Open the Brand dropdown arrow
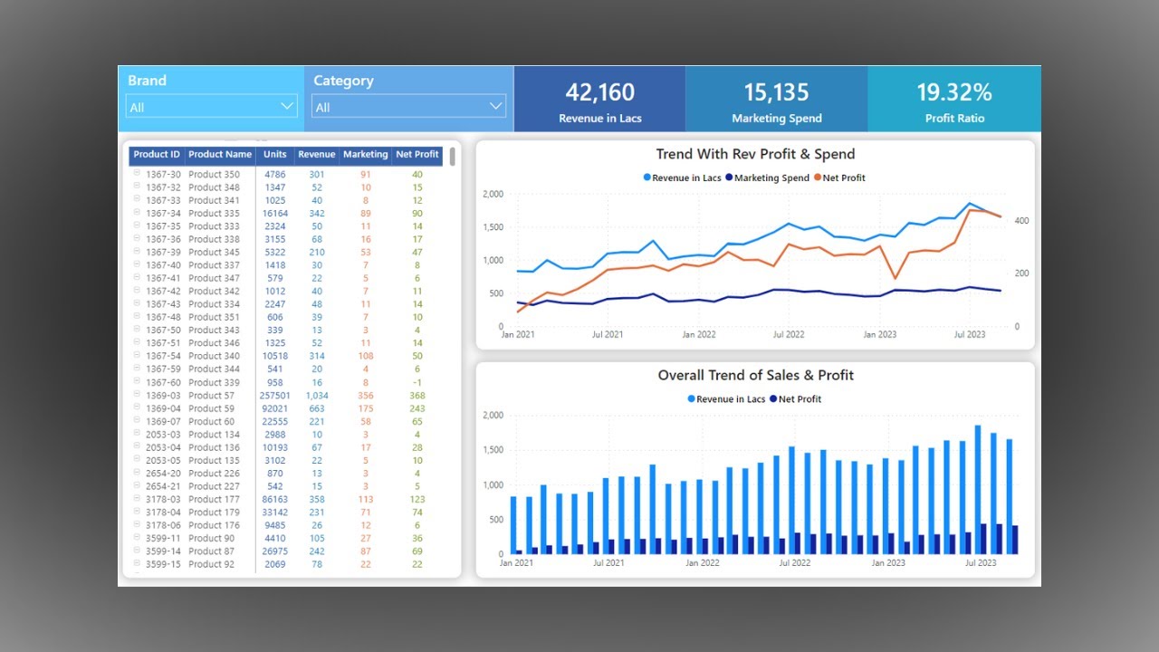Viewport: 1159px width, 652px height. tap(287, 106)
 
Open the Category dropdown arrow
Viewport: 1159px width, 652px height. tap(495, 106)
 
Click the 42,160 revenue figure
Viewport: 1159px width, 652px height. tap(599, 92)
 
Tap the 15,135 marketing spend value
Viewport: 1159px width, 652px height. tap(777, 92)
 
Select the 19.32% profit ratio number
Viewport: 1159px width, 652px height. tap(954, 92)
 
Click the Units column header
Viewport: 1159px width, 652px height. tap(274, 155)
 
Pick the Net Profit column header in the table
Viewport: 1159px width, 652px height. tap(417, 155)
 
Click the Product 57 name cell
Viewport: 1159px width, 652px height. tap(211, 396)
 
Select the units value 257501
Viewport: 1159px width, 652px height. tap(274, 396)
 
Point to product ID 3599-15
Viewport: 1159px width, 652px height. tap(163, 564)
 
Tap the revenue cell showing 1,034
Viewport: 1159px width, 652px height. tap(317, 396)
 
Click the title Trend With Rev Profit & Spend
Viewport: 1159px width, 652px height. tap(755, 154)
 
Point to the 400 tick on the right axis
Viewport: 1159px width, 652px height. tap(1021, 221)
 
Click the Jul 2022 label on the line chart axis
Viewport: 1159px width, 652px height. tap(788, 335)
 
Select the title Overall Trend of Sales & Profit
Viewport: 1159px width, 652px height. tap(755, 375)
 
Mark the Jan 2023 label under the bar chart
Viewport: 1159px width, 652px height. tap(888, 563)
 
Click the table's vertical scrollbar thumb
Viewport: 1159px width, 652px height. tap(452, 158)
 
